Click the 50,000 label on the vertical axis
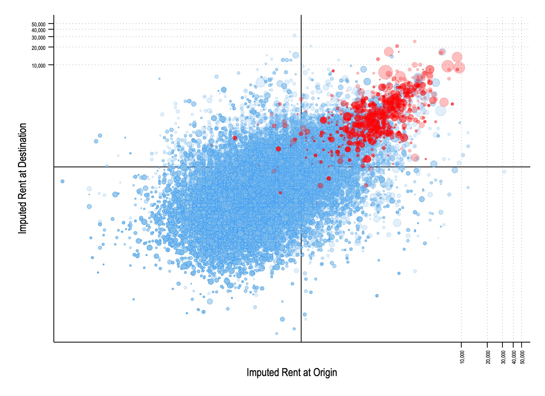pyautogui.click(x=38, y=25)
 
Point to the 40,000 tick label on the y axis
pyautogui.click(x=38, y=30)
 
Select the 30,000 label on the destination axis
pyautogui.click(x=38, y=38)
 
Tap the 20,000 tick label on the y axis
pyautogui.click(x=38, y=48)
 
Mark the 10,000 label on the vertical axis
pyautogui.click(x=38, y=66)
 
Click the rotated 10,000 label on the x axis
pyautogui.click(x=462, y=357)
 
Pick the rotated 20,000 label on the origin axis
pyautogui.click(x=488, y=357)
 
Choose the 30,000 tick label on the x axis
pyautogui.click(x=503, y=357)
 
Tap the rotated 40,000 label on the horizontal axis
pyautogui.click(x=514, y=357)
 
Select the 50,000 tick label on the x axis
pyautogui.click(x=522, y=357)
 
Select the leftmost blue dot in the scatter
pyautogui.click(x=62, y=181)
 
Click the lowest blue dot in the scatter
pyautogui.click(x=276, y=334)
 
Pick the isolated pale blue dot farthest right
pyautogui.click(x=504, y=172)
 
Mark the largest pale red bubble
pyautogui.click(x=385, y=72)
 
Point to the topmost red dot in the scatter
pyautogui.click(x=415, y=41)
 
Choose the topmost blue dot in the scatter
pyautogui.click(x=294, y=36)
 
